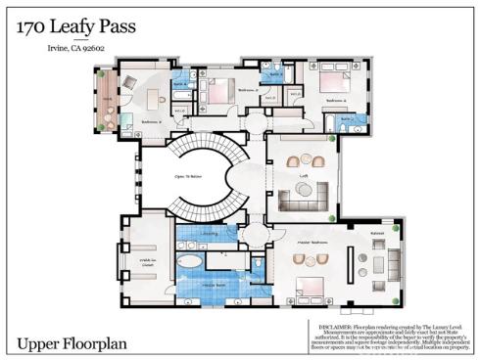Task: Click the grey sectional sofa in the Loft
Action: [303, 200]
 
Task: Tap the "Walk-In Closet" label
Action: [147, 261]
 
